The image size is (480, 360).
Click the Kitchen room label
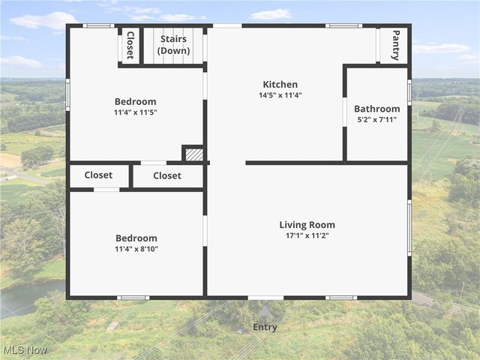tap(280, 85)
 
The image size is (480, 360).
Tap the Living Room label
tap(307, 225)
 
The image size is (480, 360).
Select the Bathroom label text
tap(376, 109)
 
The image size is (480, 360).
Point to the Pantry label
tap(395, 45)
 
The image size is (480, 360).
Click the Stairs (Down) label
tap(173, 45)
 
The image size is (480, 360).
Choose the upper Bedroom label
tap(135, 102)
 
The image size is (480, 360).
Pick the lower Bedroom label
tap(136, 238)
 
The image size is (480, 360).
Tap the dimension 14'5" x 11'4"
tap(280, 96)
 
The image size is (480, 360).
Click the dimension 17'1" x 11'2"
tap(307, 236)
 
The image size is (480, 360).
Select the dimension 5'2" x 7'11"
tap(376, 120)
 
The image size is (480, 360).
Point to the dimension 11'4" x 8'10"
tap(136, 249)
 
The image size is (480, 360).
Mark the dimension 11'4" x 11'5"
tap(135, 112)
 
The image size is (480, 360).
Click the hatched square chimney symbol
tap(193, 154)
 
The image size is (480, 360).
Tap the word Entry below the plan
tap(265, 327)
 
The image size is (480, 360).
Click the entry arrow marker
tap(265, 310)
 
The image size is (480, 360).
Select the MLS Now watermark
tap(25, 350)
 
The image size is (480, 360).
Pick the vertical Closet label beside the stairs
tap(130, 45)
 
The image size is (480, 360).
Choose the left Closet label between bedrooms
tap(98, 175)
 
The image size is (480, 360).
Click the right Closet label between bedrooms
tap(167, 175)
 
